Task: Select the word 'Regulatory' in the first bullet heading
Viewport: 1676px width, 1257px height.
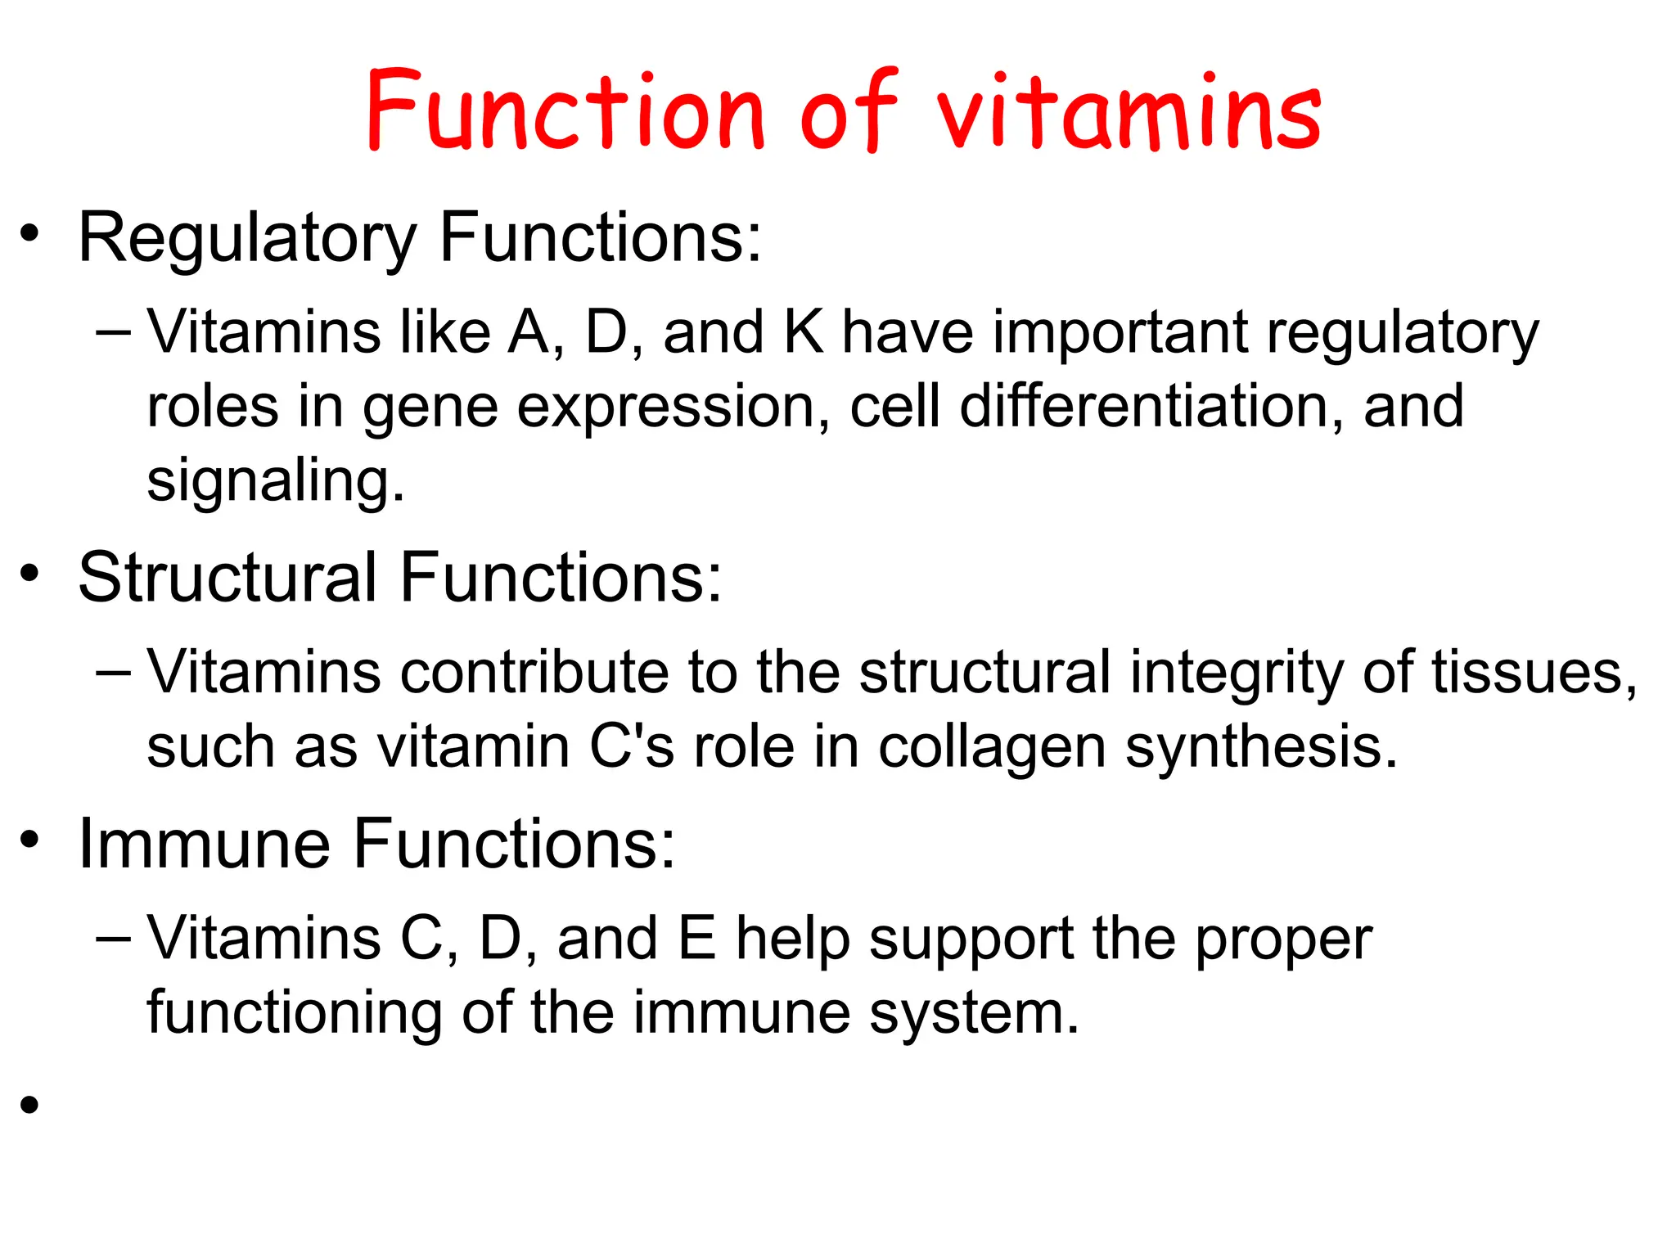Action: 247,239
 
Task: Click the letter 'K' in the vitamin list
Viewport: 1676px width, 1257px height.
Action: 804,333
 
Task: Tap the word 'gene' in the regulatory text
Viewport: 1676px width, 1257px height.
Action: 430,408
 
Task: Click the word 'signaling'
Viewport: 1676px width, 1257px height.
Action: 275,481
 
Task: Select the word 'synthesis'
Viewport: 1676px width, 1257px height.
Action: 1260,748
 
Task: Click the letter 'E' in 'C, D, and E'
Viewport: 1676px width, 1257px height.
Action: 697,939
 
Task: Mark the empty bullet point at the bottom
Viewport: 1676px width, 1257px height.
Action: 30,1106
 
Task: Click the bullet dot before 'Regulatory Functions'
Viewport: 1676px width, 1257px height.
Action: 30,234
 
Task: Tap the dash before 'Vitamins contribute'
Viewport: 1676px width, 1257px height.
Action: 113,673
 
